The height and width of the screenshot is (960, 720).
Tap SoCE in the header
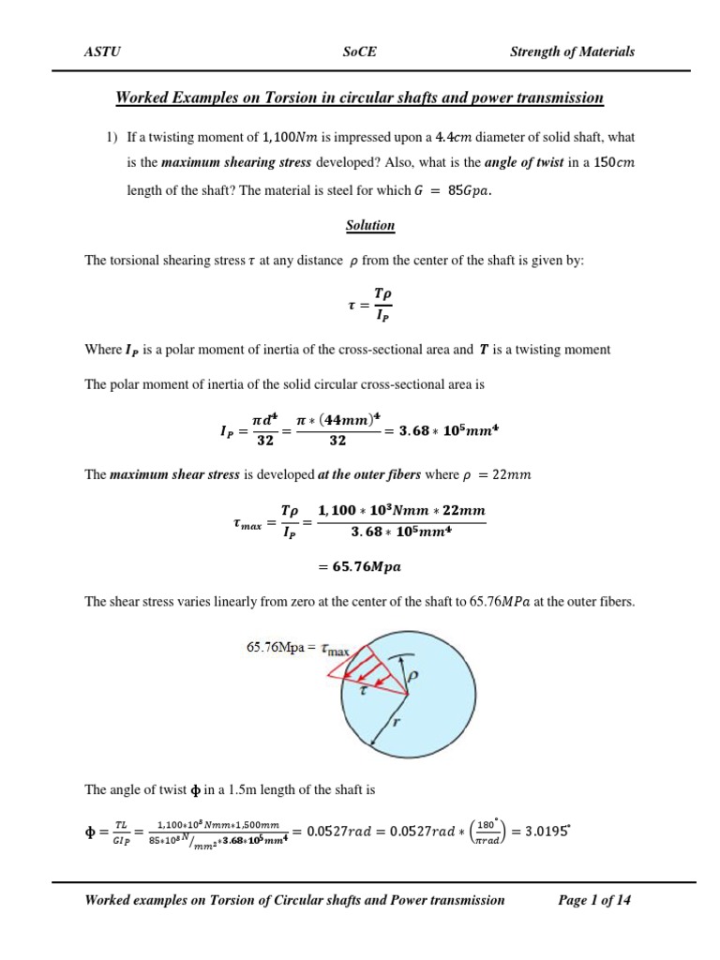coord(360,52)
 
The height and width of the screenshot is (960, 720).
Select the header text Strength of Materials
coord(572,52)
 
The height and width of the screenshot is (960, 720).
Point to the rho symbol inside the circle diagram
coord(413,674)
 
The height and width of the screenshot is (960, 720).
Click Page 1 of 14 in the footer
coord(594,900)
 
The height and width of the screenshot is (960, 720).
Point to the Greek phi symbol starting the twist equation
coord(92,831)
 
